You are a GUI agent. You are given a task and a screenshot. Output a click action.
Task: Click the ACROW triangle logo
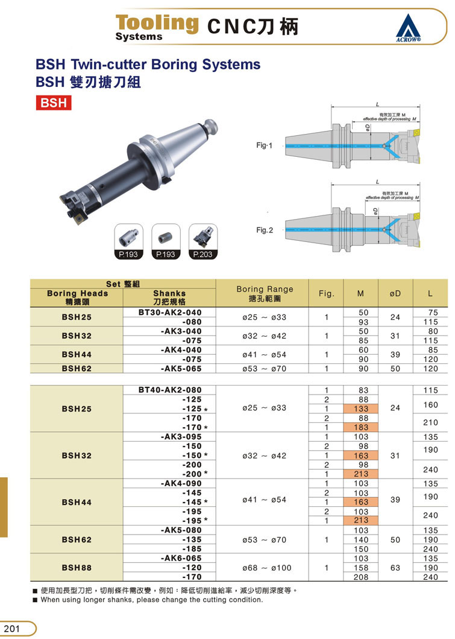(408, 28)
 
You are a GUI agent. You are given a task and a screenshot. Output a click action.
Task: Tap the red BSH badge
(53, 103)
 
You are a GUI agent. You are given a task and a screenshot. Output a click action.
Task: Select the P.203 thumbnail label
(202, 254)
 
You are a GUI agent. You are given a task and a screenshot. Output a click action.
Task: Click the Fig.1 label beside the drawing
(264, 145)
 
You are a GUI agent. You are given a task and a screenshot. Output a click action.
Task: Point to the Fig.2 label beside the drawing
(265, 230)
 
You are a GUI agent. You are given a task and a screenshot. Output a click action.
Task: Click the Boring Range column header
(265, 293)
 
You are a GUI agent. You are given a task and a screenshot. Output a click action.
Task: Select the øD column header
(395, 293)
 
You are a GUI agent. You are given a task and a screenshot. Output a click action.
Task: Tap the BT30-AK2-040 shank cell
(170, 313)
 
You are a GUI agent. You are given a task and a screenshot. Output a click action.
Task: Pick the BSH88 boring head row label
(77, 568)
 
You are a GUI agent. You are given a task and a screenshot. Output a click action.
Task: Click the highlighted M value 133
(361, 409)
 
